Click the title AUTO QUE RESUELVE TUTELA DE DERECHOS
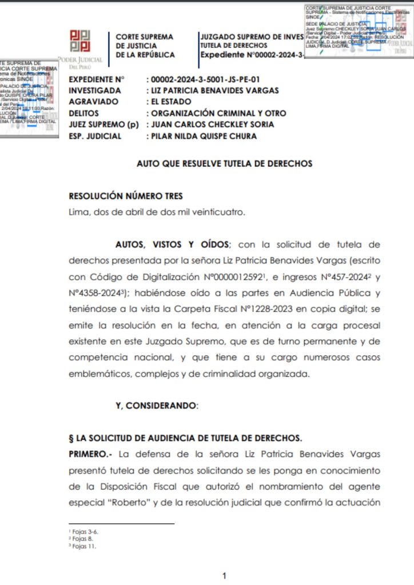225,163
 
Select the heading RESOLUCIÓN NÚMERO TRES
126,196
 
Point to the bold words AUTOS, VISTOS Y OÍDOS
172,245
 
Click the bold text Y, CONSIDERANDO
157,406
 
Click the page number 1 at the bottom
225,575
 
